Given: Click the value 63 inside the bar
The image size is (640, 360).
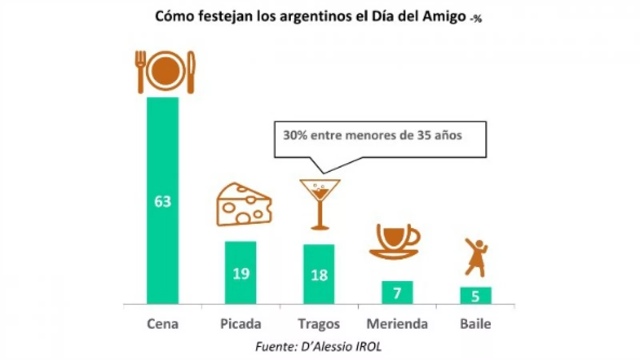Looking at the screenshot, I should click(x=162, y=202).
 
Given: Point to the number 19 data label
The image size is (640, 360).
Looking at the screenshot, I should click(x=241, y=274).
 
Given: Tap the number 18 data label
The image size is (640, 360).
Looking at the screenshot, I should click(x=319, y=275).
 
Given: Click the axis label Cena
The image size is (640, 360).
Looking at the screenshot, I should click(x=162, y=324).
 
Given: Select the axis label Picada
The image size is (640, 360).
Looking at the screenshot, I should click(x=240, y=324).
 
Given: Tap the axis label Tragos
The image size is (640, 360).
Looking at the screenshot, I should click(x=319, y=324).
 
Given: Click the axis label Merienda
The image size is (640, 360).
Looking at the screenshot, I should click(x=397, y=324).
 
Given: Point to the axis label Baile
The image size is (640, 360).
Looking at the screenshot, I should click(x=475, y=324).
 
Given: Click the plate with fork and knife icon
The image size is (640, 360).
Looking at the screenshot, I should click(x=165, y=72).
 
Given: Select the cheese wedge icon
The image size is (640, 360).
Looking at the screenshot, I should click(x=244, y=204).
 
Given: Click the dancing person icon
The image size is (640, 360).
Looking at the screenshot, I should click(x=476, y=258).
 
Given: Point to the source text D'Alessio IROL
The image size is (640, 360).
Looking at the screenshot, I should click(x=341, y=346).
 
